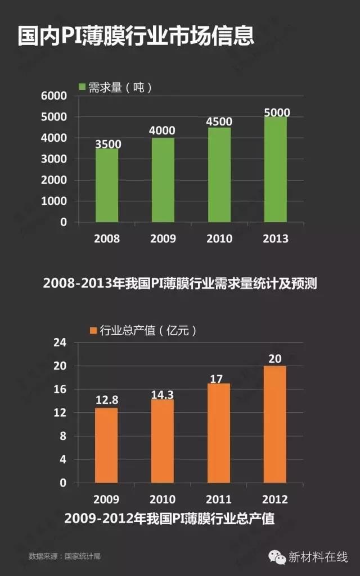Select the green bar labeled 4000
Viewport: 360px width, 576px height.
point(163,179)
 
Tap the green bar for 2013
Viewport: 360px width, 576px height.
point(276,169)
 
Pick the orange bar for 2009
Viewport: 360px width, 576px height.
point(106,445)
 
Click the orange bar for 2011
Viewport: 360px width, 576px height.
point(219,433)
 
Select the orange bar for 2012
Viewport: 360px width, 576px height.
point(275,424)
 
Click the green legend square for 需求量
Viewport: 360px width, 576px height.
point(82,87)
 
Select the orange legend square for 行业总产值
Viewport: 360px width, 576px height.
point(93,331)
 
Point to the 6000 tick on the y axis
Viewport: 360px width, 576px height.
point(54,96)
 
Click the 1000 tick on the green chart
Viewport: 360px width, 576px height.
point(54,201)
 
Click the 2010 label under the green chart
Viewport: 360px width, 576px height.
point(219,238)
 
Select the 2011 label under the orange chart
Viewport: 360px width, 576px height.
point(219,499)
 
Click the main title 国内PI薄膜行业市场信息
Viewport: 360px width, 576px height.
point(135,35)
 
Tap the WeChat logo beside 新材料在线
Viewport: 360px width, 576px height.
point(276,556)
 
